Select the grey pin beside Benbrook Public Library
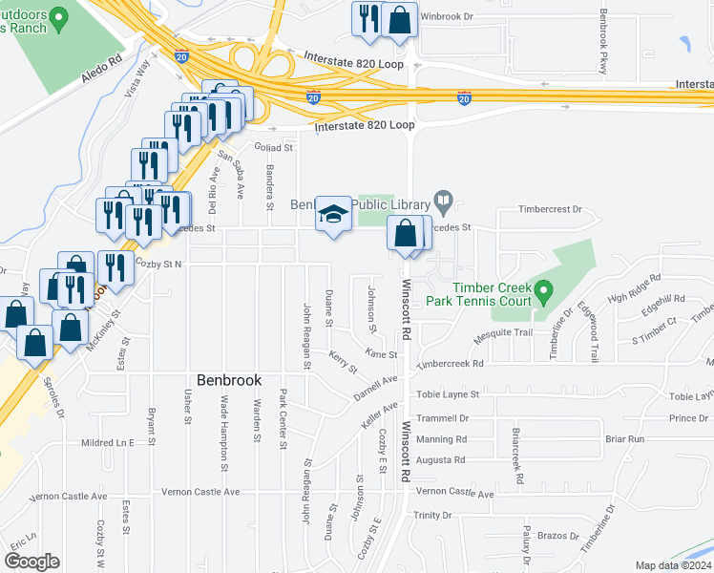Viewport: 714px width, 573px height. [443, 202]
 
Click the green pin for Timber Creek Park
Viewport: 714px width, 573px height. [543, 288]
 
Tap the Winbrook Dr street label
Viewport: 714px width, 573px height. [473, 17]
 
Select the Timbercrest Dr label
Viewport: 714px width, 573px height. [550, 208]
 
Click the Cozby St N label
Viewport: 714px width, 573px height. [158, 263]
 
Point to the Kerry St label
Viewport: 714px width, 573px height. [342, 361]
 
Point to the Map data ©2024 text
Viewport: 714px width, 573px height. [673, 565]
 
